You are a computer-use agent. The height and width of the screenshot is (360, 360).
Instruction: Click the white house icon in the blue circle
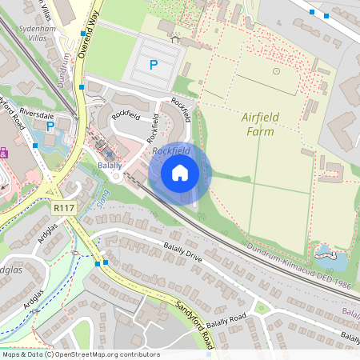180,171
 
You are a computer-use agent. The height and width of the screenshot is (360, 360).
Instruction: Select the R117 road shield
63,207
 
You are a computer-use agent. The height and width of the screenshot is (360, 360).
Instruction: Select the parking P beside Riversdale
50,126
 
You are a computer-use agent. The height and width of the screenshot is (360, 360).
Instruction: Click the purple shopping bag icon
3,151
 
